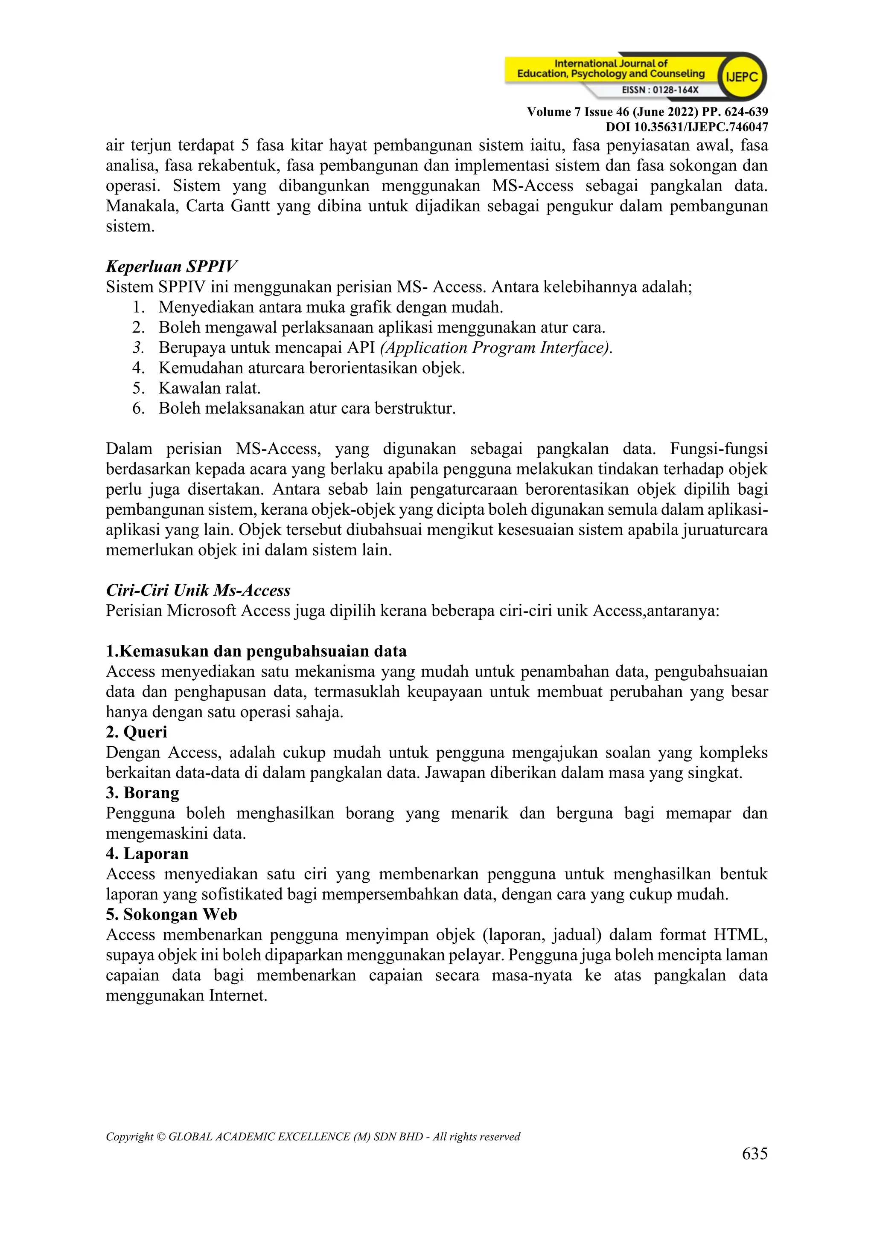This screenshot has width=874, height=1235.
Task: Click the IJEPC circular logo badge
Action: [x=742, y=77]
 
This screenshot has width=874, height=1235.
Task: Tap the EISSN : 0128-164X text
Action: [x=660, y=90]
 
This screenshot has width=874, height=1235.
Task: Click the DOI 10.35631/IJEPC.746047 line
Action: [x=687, y=127]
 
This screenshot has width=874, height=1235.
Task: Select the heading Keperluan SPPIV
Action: [x=171, y=266]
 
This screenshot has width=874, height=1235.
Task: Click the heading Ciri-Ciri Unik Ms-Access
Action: [x=198, y=590]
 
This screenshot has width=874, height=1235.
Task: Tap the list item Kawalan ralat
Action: [x=210, y=388]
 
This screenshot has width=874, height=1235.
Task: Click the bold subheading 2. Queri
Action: [x=136, y=732]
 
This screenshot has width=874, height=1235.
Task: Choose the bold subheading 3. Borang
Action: [x=143, y=793]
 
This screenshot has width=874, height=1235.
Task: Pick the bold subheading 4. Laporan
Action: [x=147, y=854]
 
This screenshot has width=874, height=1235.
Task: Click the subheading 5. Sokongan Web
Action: [x=171, y=914]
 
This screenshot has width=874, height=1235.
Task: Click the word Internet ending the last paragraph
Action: [x=238, y=996]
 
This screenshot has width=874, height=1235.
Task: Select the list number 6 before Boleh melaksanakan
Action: [x=138, y=408]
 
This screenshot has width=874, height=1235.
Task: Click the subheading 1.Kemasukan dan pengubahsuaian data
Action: [x=256, y=651]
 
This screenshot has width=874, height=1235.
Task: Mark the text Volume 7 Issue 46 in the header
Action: [x=578, y=112]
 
